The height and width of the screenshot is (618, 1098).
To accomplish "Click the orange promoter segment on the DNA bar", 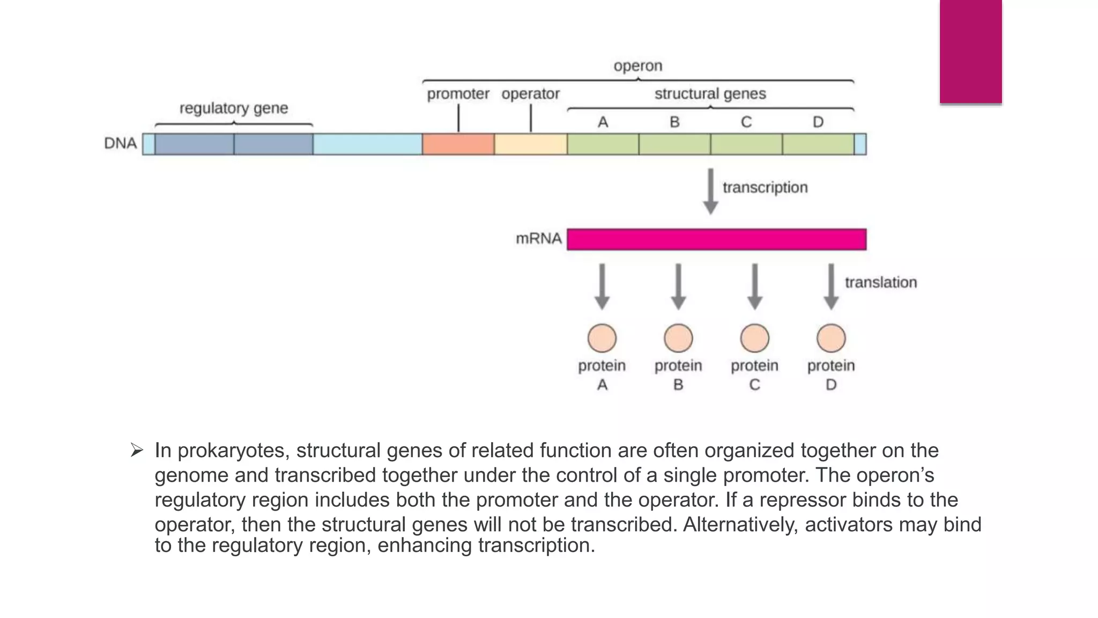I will coord(458,144).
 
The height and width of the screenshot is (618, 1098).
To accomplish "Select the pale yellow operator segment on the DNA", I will coord(530,144).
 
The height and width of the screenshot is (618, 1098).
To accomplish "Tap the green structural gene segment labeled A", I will coord(603,144).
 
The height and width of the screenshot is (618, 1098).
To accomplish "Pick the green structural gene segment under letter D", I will coord(818,144).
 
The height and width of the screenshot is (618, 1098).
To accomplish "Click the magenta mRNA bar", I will coord(716,239).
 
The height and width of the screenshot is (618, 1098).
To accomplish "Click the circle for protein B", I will coord(678,338).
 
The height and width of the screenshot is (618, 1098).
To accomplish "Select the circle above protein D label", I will coord(831,338).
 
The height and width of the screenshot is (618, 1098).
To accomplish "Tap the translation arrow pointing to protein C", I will coord(755,286).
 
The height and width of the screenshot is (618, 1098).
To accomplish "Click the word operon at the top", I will coord(638,66).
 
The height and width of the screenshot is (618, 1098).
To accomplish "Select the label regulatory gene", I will coord(234,108).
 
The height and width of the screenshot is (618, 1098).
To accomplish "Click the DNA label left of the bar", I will coord(120,144).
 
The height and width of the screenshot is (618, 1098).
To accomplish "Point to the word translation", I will coord(880,282).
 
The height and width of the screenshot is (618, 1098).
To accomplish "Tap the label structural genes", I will coord(710,94).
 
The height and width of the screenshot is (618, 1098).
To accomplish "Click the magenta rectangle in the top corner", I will coord(970,51).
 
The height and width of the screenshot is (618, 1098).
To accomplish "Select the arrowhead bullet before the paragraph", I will coord(137,450).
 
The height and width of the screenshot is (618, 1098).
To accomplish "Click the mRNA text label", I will coord(538,238).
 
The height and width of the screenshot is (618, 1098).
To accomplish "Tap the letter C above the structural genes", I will coord(746,122).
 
